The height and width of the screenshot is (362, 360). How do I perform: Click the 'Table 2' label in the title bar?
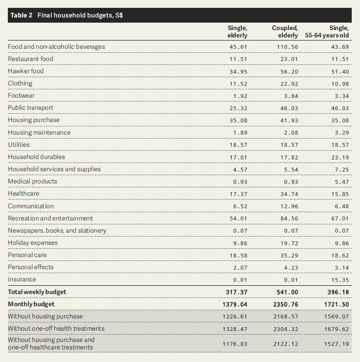21,15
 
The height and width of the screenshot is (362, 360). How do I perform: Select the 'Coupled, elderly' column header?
285,32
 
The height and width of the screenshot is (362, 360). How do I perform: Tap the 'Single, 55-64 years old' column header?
327,32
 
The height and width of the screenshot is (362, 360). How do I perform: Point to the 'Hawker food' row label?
26,71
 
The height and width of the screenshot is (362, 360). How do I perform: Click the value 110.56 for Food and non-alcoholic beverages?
288,47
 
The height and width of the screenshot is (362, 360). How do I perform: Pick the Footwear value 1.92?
240,96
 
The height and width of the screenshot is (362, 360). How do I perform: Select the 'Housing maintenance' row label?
39,132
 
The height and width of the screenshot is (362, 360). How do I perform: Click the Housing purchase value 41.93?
289,121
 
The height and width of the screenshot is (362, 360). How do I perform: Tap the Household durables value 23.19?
340,157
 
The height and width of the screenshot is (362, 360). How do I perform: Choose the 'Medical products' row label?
33,181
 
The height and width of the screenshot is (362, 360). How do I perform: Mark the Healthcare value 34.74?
289,194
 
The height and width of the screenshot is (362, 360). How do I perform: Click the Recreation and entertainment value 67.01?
340,218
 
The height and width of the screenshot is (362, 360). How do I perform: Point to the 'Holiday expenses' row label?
33,243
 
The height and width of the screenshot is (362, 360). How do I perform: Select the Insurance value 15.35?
340,280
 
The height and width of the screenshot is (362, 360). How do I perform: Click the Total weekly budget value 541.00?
287,292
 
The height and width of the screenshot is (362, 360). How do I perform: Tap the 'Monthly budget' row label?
31,304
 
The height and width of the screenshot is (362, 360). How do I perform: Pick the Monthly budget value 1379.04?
235,304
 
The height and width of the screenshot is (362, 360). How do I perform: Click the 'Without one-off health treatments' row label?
56,328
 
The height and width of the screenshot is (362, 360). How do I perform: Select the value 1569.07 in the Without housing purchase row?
336,317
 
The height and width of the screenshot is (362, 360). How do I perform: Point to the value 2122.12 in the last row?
285,344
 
